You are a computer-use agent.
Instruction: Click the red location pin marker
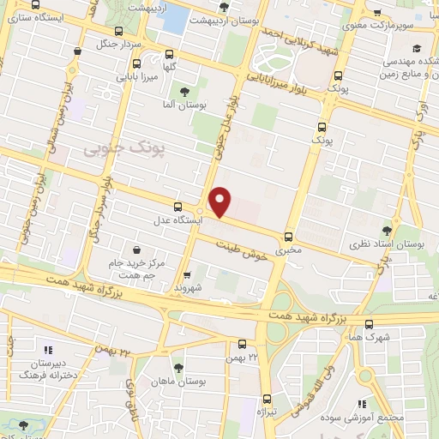coord(220,201)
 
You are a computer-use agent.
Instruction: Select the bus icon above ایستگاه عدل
coord(178,207)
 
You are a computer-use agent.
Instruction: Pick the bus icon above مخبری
coord(287,238)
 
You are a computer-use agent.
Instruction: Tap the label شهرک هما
coord(368,338)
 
